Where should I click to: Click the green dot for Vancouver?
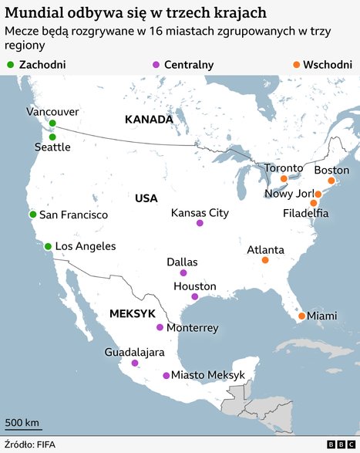[52, 123]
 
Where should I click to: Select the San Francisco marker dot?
[32, 215]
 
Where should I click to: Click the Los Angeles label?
[85, 246]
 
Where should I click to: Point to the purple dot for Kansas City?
[200, 223]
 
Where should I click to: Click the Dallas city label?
[183, 262]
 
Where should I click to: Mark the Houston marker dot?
[195, 296]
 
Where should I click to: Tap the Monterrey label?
[193, 328]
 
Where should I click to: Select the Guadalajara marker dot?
[135, 363]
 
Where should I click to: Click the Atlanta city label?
[265, 250]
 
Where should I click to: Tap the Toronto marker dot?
[284, 178]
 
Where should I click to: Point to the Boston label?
[331, 170]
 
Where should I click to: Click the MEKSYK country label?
[133, 314]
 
